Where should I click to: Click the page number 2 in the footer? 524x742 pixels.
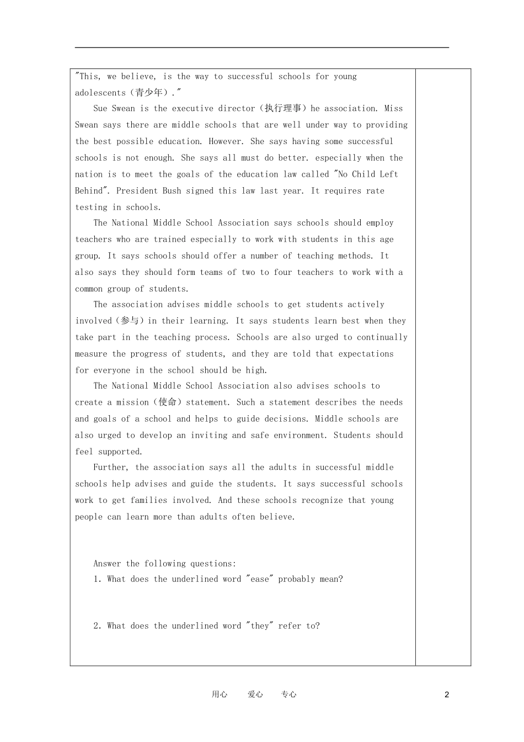pyautogui.click(x=447, y=695)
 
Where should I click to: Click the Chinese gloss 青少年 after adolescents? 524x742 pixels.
pyautogui.click(x=149, y=93)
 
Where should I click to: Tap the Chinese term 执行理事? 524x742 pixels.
pyautogui.click(x=283, y=108)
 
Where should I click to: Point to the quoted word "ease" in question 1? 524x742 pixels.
pyautogui.click(x=259, y=579)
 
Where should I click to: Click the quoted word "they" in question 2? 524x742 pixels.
pyautogui.click(x=259, y=626)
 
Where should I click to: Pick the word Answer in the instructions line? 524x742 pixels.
pyautogui.click(x=108, y=564)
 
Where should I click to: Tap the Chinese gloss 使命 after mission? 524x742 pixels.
pyautogui.click(x=167, y=402)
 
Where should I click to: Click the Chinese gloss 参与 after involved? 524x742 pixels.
pyautogui.click(x=131, y=321)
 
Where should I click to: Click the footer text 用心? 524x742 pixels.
pyautogui.click(x=220, y=695)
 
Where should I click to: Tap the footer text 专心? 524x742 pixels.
pyautogui.click(x=288, y=695)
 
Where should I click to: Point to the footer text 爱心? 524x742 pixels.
pyautogui.click(x=255, y=695)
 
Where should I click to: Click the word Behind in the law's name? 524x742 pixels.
pyautogui.click(x=89, y=190)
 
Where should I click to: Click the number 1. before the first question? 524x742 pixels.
pyautogui.click(x=98, y=579)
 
